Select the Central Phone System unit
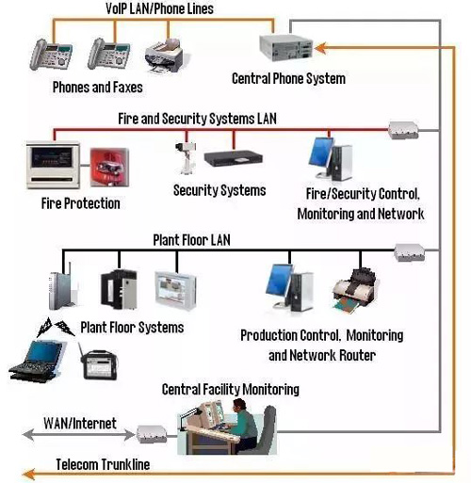pyautogui.click(x=285, y=48)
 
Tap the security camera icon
pyautogui.click(x=186, y=158)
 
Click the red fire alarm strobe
pyautogui.click(x=109, y=168)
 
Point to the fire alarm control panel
pyautogui.click(x=53, y=166)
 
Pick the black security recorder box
pyautogui.click(x=234, y=158)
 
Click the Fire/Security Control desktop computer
pyautogui.click(x=331, y=159)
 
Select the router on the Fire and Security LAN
pyautogui.click(x=403, y=130)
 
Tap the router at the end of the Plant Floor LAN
pyautogui.click(x=410, y=252)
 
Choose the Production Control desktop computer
pyautogui.click(x=289, y=287)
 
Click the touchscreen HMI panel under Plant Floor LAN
pyautogui.click(x=175, y=291)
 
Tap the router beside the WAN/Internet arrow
pyautogui.click(x=151, y=434)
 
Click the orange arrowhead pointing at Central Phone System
pyautogui.click(x=320, y=48)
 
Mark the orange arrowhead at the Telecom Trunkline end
pyautogui.click(x=29, y=474)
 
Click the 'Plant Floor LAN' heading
pyautogui.click(x=191, y=240)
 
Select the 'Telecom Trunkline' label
pyautogui.click(x=103, y=464)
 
